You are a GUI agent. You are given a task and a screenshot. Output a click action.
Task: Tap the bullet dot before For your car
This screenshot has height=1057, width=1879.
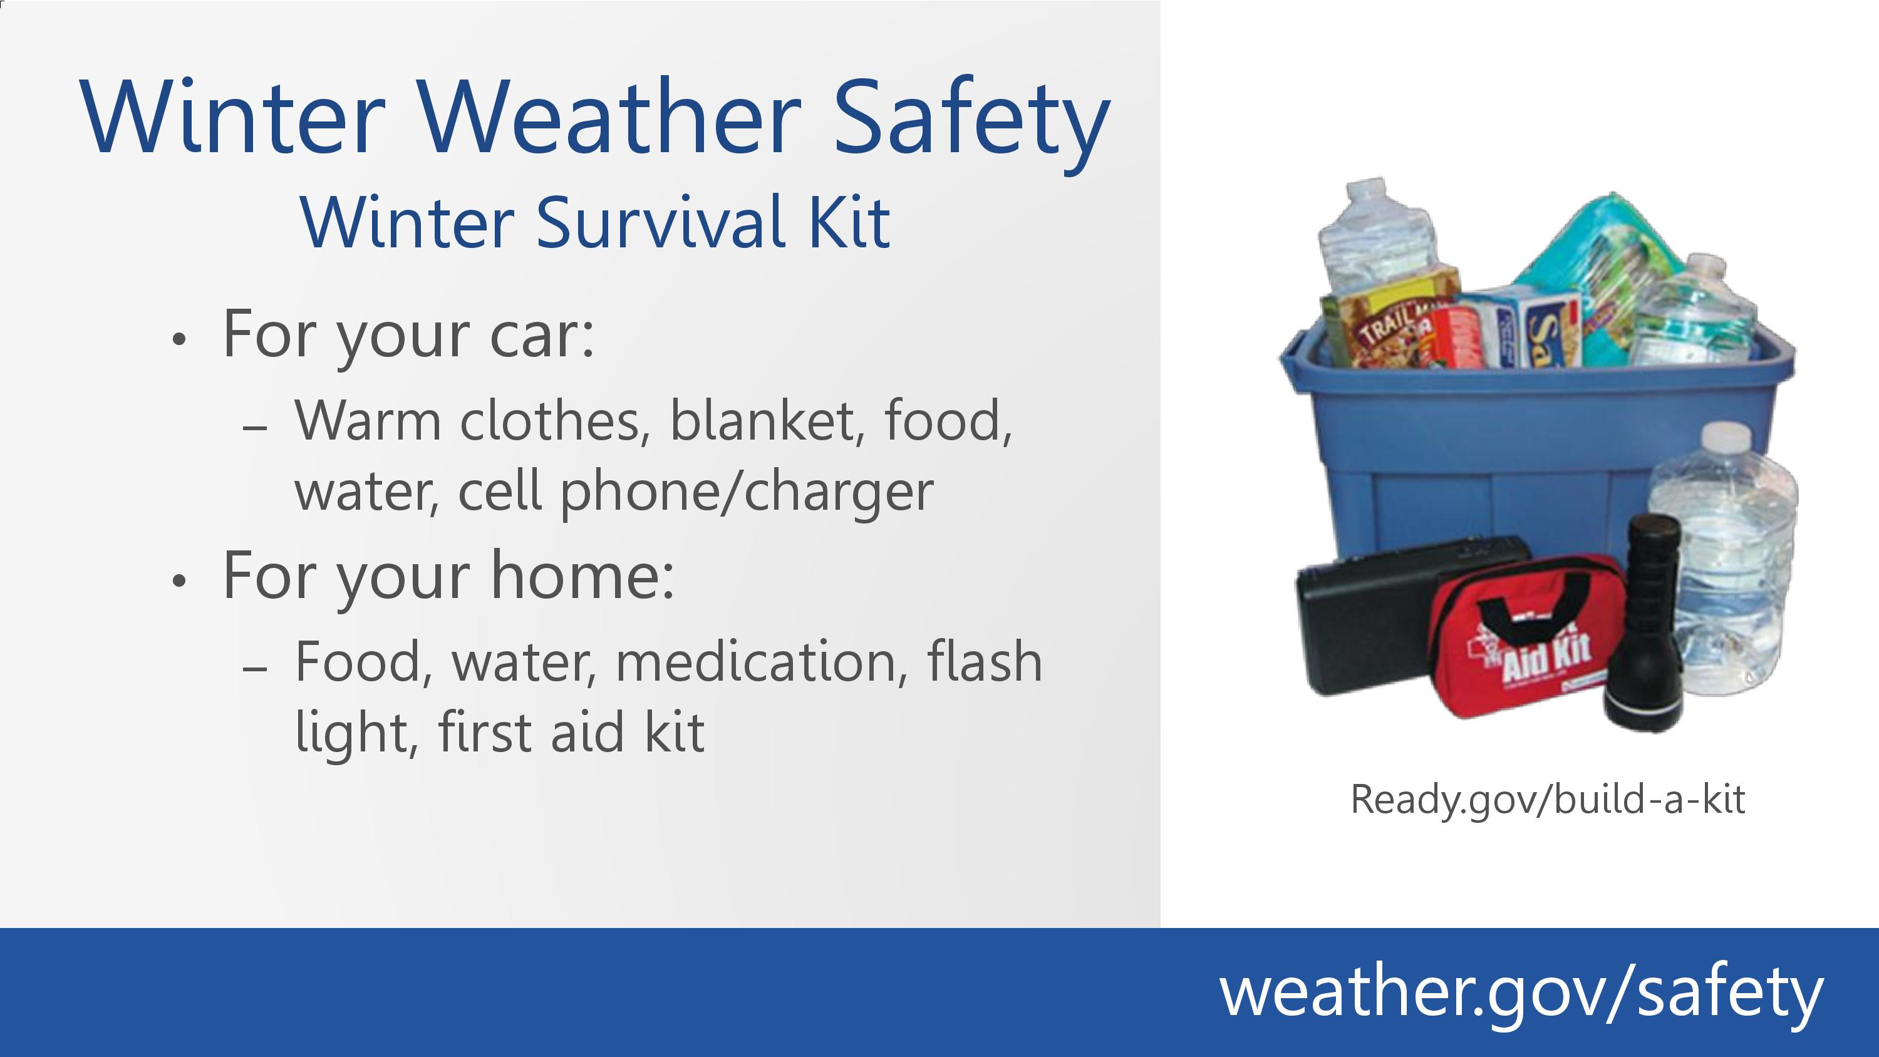click(x=179, y=339)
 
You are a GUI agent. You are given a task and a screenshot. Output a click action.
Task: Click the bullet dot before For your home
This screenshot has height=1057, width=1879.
click(x=179, y=580)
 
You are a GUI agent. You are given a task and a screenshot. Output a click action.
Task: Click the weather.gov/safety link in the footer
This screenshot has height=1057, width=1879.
click(x=1521, y=993)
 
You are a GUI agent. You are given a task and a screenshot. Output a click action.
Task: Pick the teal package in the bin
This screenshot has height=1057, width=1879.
click(x=1605, y=270)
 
